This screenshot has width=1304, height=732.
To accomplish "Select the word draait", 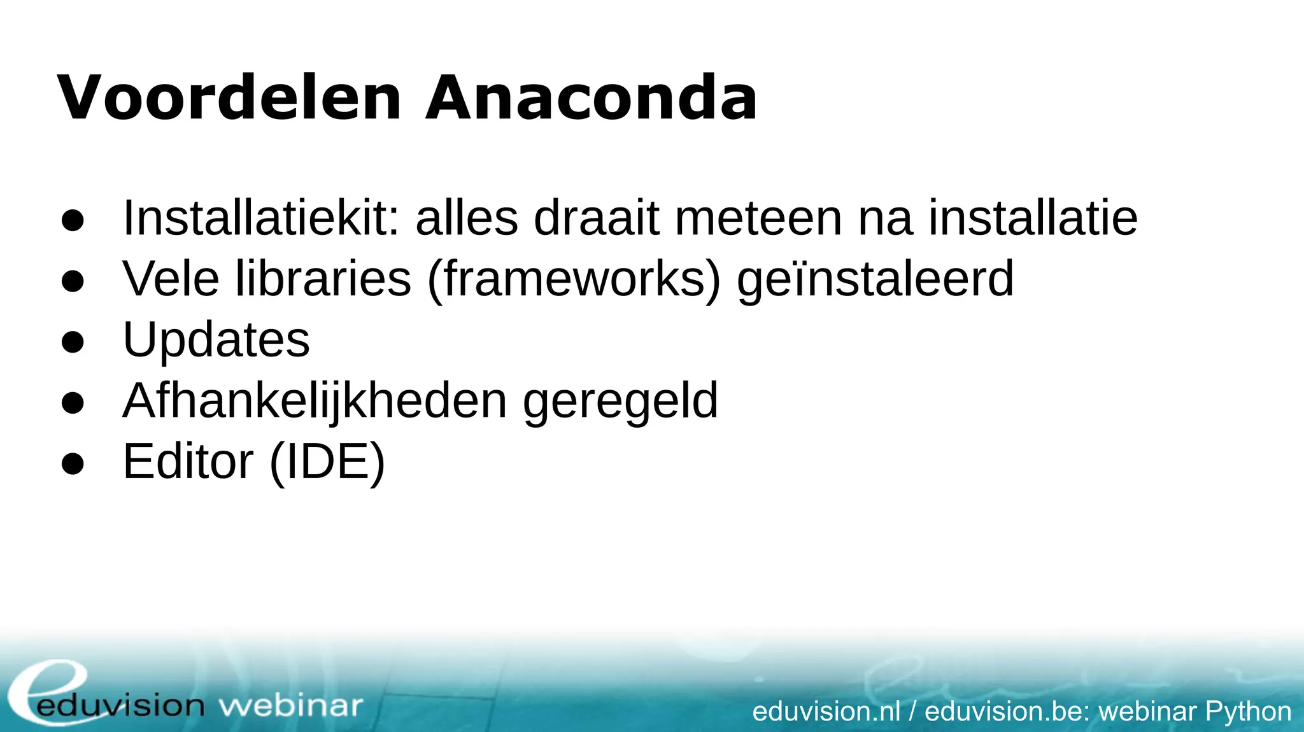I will pos(596,218).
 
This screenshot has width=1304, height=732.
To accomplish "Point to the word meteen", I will pos(758,218).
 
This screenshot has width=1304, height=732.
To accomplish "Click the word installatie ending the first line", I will pos(1032,218).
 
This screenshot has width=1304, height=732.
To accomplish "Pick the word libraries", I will pos(323,278).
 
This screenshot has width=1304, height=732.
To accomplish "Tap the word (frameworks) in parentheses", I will pos(574,279).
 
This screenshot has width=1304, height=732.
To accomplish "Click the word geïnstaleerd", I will pos(875,279).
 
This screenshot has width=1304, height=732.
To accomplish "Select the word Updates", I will pos(216,339).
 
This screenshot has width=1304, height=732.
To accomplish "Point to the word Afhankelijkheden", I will pos(315,401).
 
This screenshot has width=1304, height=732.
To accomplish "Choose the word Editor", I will pos(188,461).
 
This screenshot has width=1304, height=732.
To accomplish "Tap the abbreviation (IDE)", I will pos(327,462).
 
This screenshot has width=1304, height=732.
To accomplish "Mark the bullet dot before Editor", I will pos(73,463).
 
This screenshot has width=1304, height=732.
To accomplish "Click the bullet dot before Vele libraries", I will pos(73,281).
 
